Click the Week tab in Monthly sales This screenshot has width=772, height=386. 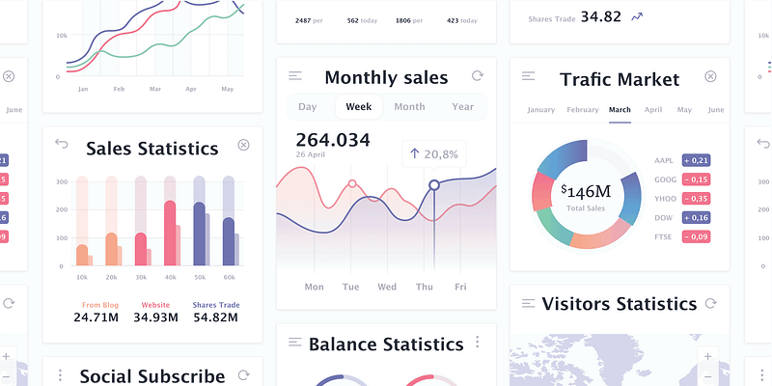(x=359, y=107)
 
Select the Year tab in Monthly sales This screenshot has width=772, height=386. (x=463, y=107)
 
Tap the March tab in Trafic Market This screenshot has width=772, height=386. (x=620, y=110)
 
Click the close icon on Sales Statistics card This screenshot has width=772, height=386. (x=243, y=145)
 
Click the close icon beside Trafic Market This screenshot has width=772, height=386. (x=710, y=76)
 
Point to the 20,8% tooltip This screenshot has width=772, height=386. (x=434, y=153)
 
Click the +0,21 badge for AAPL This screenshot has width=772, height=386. (x=696, y=160)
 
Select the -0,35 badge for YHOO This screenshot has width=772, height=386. (x=696, y=199)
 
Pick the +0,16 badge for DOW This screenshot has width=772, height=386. (x=696, y=218)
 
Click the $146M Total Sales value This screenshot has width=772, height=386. (x=586, y=191)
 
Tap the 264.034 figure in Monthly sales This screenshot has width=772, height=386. (x=333, y=140)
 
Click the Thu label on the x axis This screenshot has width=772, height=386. (x=425, y=287)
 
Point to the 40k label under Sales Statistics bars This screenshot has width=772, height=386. (x=171, y=278)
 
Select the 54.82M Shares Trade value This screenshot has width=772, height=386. (x=216, y=317)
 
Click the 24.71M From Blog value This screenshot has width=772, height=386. (x=96, y=317)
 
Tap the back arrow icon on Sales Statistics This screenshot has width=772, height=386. (x=63, y=145)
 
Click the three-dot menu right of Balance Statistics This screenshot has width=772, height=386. (x=477, y=343)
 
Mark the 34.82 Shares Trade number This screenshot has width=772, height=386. (x=600, y=16)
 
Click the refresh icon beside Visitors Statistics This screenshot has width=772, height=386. (x=710, y=303)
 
